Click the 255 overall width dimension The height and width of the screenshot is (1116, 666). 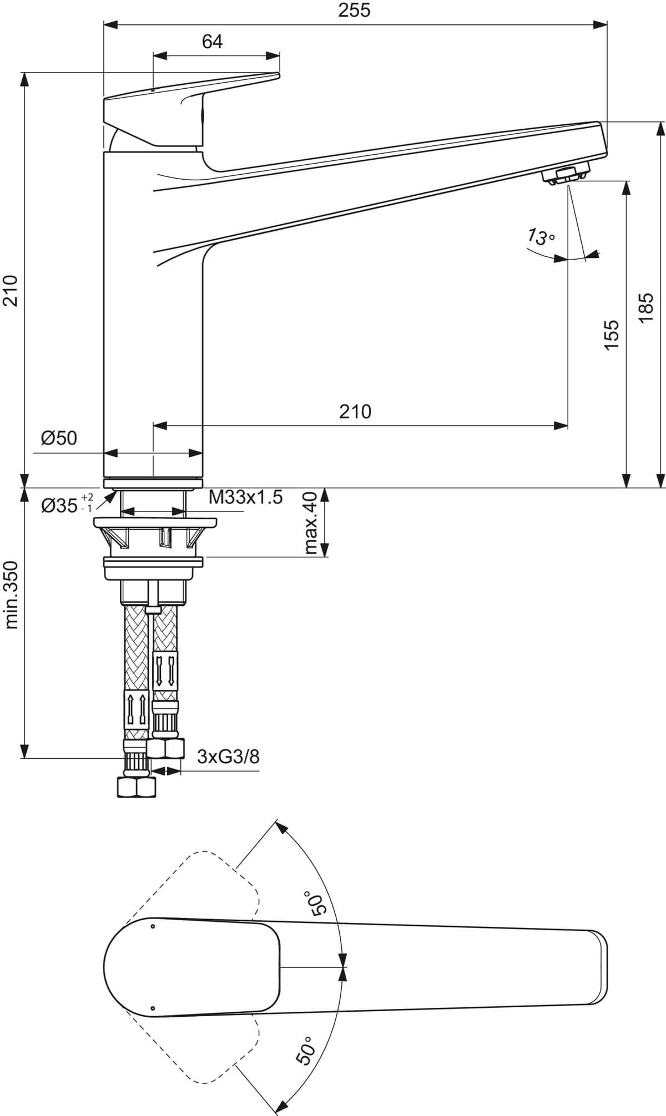[355, 11]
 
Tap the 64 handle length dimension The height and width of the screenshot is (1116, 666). [212, 42]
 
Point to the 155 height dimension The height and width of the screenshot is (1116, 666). [610, 334]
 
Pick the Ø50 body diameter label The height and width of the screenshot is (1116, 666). [59, 438]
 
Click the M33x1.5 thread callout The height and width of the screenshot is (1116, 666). [246, 497]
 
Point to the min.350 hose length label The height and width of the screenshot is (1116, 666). [12, 595]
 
